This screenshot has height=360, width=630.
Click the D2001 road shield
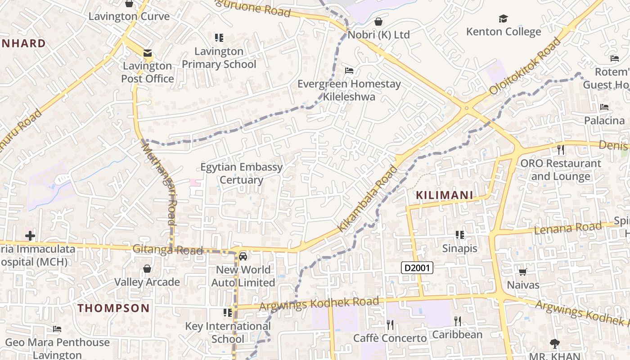click(417, 268)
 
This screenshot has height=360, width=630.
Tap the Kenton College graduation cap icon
click(503, 18)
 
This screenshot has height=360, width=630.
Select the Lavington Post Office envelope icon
click(147, 53)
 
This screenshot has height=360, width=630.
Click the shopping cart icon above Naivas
click(522, 271)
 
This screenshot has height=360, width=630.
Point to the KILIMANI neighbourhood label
click(444, 195)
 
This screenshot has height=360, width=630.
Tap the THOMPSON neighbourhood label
click(113, 308)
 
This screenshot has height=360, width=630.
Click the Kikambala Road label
click(368, 198)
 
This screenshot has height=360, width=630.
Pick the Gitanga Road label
click(167, 249)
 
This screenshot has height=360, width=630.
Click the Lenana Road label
click(568, 229)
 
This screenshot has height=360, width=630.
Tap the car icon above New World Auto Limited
click(243, 256)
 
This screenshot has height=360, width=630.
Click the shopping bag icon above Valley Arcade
click(147, 269)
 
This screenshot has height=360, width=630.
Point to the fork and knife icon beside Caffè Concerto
click(390, 324)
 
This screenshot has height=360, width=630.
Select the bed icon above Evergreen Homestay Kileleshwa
click(349, 70)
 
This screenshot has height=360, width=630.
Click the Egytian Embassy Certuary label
click(242, 173)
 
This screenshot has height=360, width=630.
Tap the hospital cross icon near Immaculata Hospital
click(30, 235)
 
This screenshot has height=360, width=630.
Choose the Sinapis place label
click(459, 248)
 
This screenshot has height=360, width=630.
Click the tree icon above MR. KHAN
click(554, 343)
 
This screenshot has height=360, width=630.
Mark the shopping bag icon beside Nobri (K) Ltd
click(378, 22)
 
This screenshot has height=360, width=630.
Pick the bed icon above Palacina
click(604, 107)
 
